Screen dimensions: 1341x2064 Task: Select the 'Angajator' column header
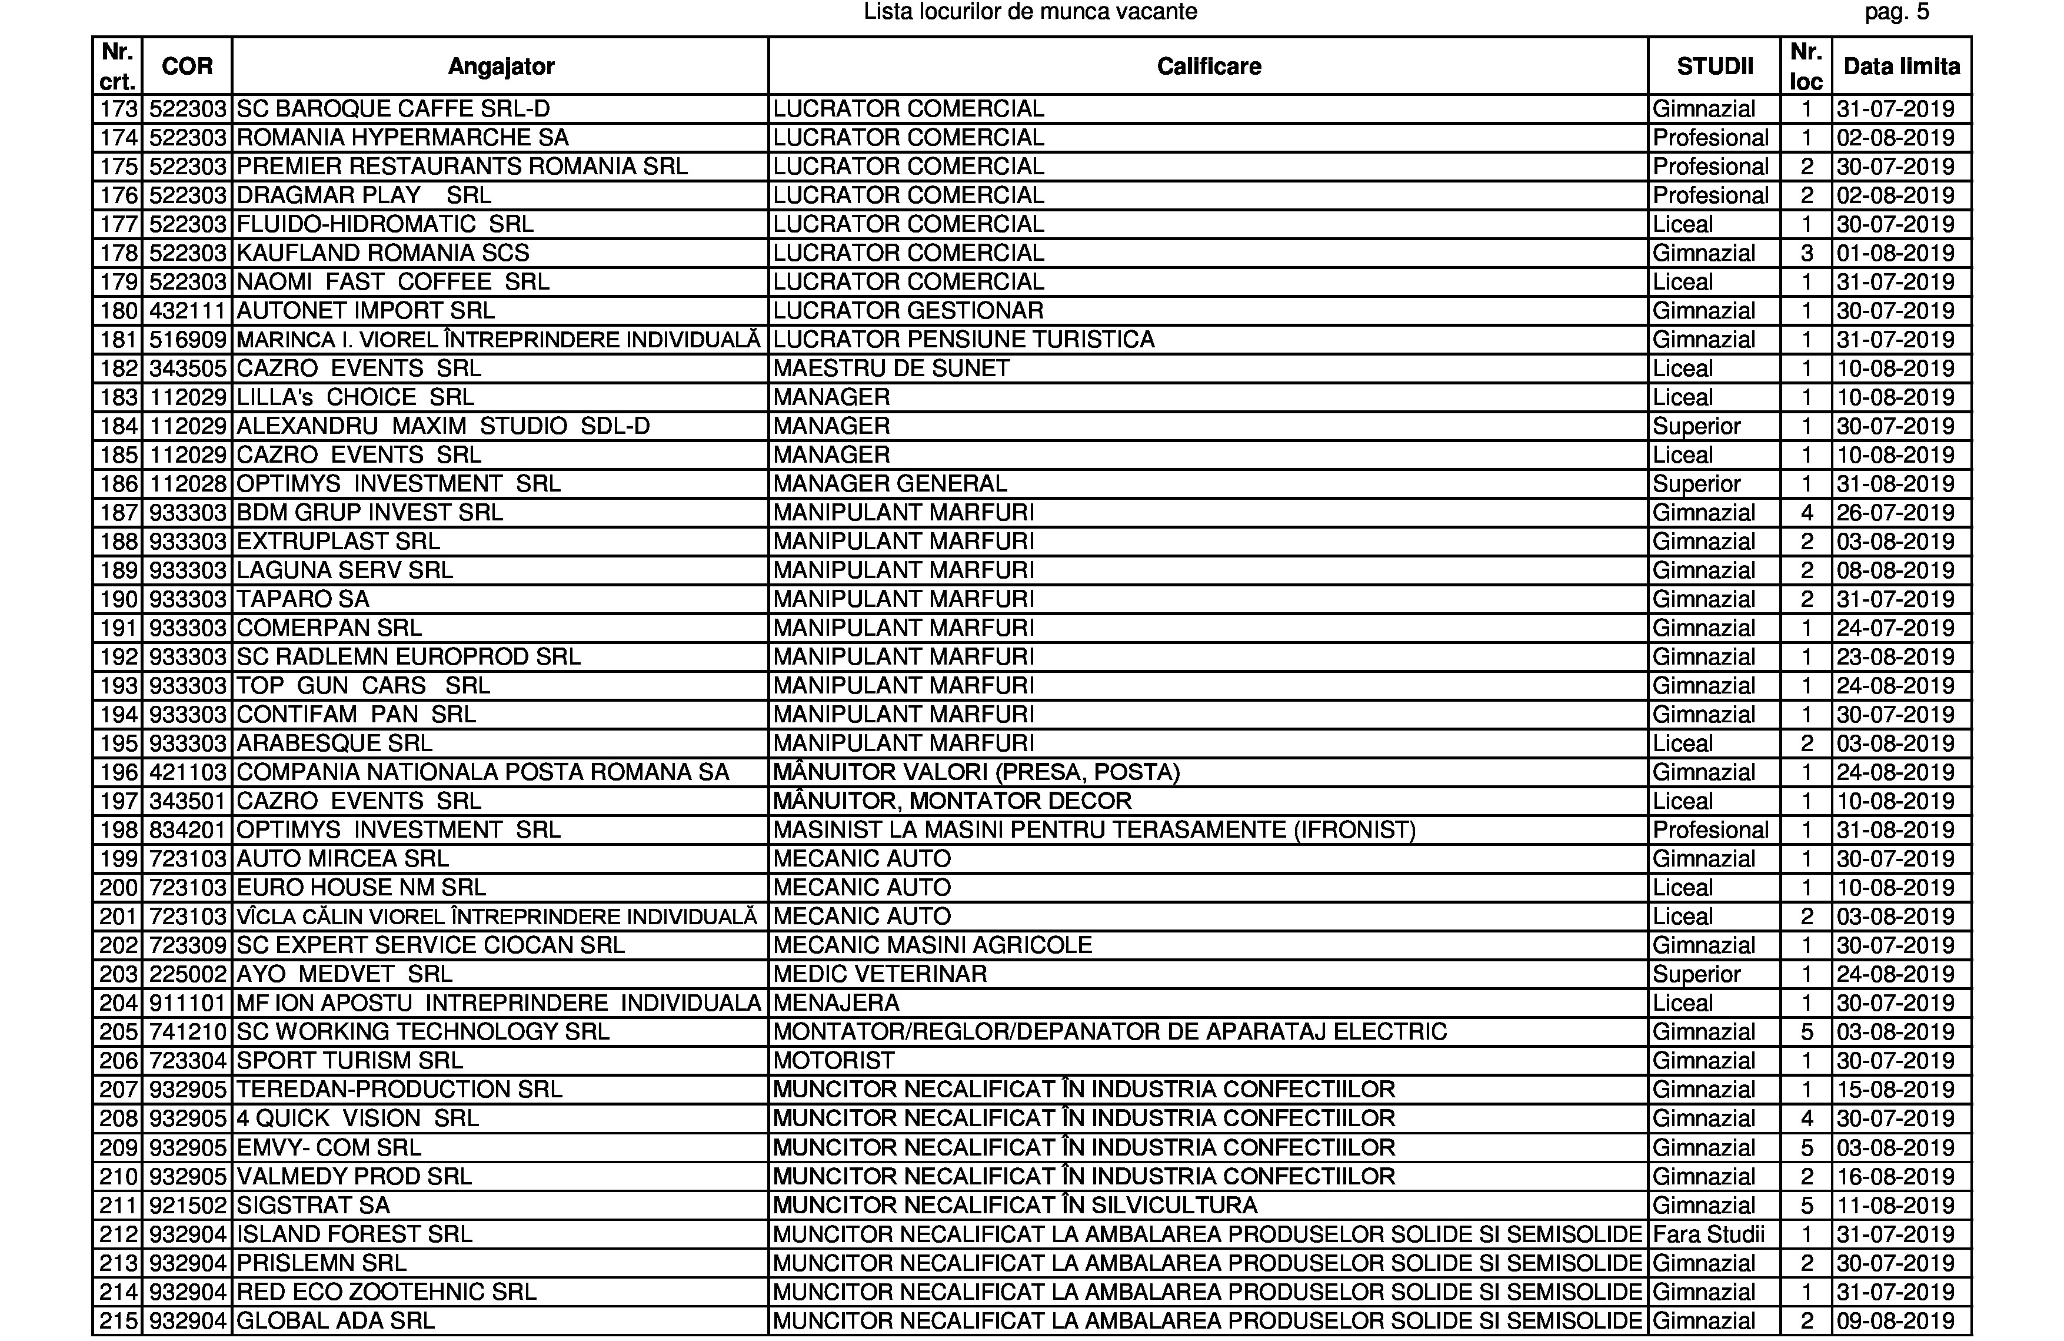point(500,66)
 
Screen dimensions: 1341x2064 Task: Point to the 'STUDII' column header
point(1714,66)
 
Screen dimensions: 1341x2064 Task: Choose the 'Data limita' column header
point(1901,66)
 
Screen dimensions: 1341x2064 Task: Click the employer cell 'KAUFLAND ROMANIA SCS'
point(382,253)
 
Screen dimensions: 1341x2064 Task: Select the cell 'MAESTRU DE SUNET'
point(891,369)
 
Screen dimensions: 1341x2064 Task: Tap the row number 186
point(119,484)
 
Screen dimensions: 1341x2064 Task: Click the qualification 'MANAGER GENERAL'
point(890,484)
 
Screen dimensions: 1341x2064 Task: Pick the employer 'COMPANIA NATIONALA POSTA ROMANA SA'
point(482,772)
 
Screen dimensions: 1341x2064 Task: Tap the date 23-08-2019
point(1895,656)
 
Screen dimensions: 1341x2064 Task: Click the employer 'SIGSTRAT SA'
point(313,1206)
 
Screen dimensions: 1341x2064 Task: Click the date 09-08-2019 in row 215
point(1895,1321)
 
